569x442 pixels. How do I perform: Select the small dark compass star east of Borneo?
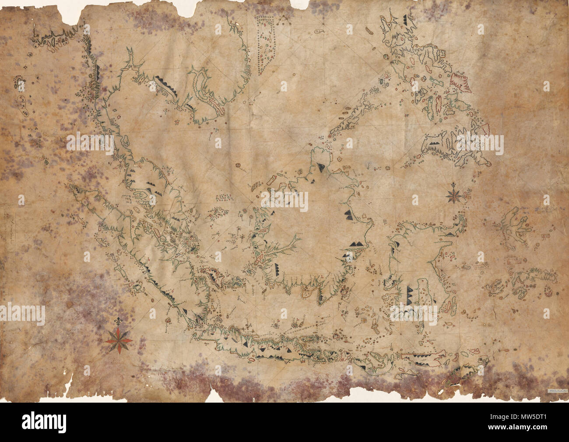click(x=453, y=194)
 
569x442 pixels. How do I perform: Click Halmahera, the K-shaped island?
click(x=517, y=226)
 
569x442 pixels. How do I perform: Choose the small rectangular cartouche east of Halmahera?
click(x=545, y=236)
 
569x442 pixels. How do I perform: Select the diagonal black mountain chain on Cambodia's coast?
click(x=165, y=84)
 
